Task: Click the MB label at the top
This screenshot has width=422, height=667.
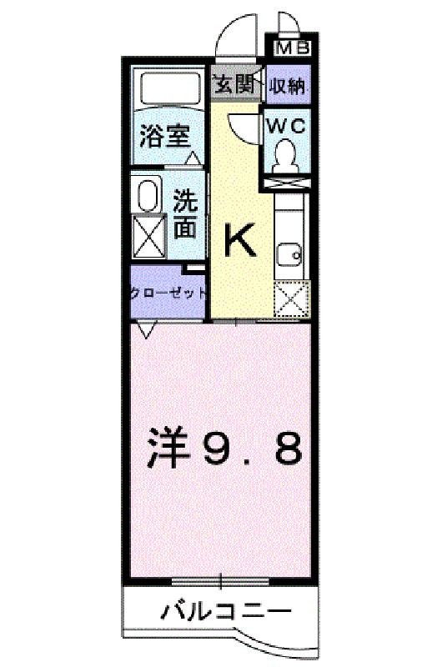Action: coord(292,48)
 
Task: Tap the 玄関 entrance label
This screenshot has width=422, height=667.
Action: coord(234,84)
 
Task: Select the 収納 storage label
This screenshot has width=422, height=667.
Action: coord(289,84)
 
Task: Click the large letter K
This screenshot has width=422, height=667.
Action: coord(241,241)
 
